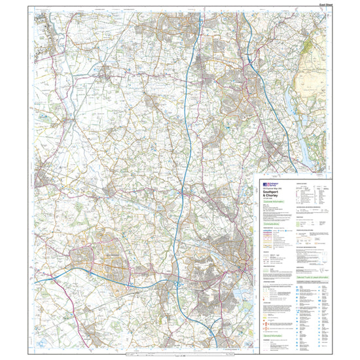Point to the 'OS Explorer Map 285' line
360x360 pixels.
pyautogui.click(x=270, y=190)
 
